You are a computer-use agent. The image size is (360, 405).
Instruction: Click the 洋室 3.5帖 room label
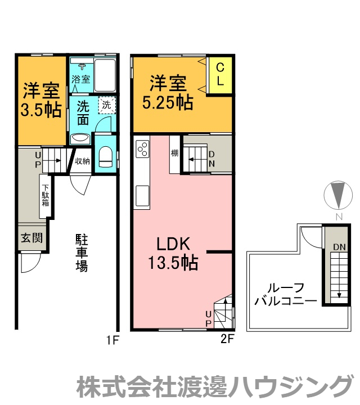click(41, 100)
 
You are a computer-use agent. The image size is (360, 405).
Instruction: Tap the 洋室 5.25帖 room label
click(168, 93)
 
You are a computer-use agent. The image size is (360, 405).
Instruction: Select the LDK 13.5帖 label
click(174, 253)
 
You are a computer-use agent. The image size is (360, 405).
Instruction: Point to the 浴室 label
click(80, 79)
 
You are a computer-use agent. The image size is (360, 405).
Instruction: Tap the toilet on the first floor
click(106, 155)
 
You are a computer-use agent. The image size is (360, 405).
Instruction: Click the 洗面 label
click(83, 112)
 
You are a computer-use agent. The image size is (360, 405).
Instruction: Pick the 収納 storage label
click(83, 161)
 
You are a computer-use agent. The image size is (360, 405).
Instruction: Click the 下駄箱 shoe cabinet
click(46, 196)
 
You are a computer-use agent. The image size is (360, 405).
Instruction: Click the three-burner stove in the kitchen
click(142, 149)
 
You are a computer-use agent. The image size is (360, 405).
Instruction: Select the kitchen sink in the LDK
click(142, 197)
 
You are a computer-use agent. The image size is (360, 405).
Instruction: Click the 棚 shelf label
click(174, 153)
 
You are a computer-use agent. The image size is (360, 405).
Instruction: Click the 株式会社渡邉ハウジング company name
click(214, 387)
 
